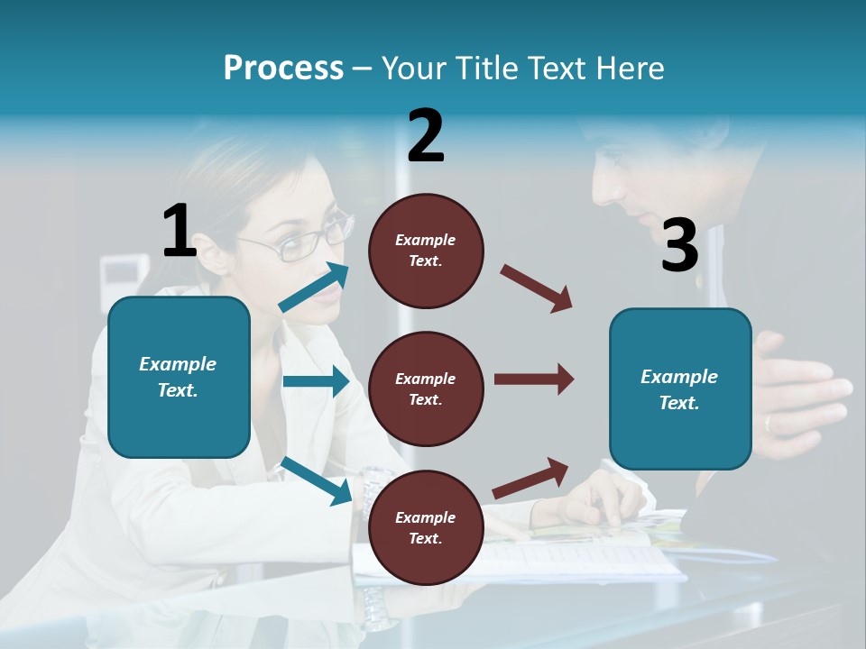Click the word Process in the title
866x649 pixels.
(x=283, y=69)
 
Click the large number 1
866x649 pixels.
(x=180, y=231)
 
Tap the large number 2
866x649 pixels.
(x=426, y=136)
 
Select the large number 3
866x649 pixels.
(x=679, y=246)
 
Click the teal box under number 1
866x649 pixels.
(x=179, y=377)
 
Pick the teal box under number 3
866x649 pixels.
(x=680, y=388)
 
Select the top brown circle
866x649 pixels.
(x=426, y=251)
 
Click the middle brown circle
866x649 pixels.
(x=426, y=388)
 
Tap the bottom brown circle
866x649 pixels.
(x=426, y=527)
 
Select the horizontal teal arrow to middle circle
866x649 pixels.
(x=316, y=381)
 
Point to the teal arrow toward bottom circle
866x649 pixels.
(x=317, y=480)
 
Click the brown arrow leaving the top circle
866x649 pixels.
(x=537, y=288)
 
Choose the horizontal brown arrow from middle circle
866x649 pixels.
(x=533, y=379)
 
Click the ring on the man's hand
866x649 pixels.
(x=768, y=423)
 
